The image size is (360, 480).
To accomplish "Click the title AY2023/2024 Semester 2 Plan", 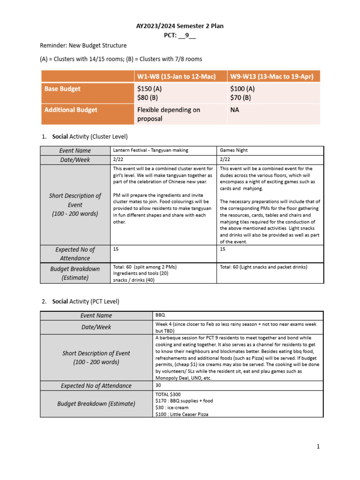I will (180, 26).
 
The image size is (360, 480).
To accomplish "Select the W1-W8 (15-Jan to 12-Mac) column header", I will (176, 76).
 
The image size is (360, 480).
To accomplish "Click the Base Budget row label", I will (62, 89).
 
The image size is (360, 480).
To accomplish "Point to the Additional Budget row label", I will (71, 110).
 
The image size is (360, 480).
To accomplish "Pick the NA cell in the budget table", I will (235, 110).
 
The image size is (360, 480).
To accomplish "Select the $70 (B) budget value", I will (241, 97).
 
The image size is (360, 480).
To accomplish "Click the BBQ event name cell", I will (160, 315).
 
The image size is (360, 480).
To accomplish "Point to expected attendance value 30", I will (158, 385).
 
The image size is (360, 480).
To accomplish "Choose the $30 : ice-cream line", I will (172, 408).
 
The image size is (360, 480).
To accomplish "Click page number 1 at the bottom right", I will (317, 447).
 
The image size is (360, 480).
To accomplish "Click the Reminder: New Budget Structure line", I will (83, 45).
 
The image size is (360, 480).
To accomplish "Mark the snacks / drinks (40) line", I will (136, 280).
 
